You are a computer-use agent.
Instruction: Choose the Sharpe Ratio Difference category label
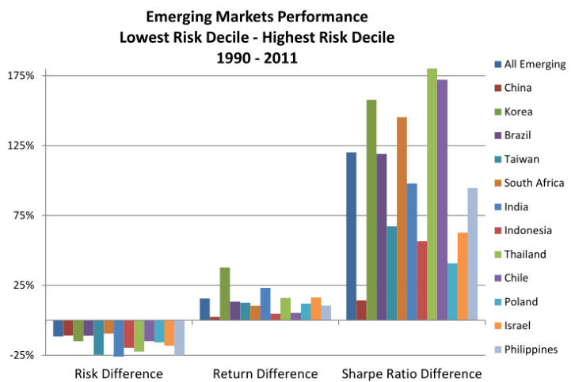point(411,373)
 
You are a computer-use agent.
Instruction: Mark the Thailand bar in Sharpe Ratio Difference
point(432,194)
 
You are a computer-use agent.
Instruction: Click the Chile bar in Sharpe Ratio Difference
point(442,199)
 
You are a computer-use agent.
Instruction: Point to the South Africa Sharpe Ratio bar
point(402,218)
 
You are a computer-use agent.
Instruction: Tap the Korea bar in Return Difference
point(225,293)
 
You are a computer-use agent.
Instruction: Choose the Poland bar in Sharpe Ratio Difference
point(452,291)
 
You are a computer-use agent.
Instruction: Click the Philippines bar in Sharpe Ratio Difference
point(473,254)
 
